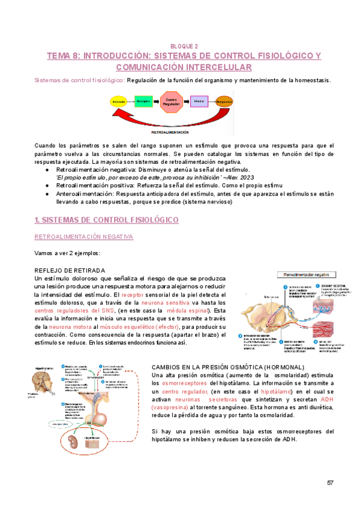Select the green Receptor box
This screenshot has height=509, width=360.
click(x=143, y=102)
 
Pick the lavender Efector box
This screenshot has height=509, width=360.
click(x=199, y=102)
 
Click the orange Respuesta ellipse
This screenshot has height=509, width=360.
click(x=224, y=102)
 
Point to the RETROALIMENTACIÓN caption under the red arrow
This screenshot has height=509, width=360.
click(x=170, y=131)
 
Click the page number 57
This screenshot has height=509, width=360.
click(x=330, y=483)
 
